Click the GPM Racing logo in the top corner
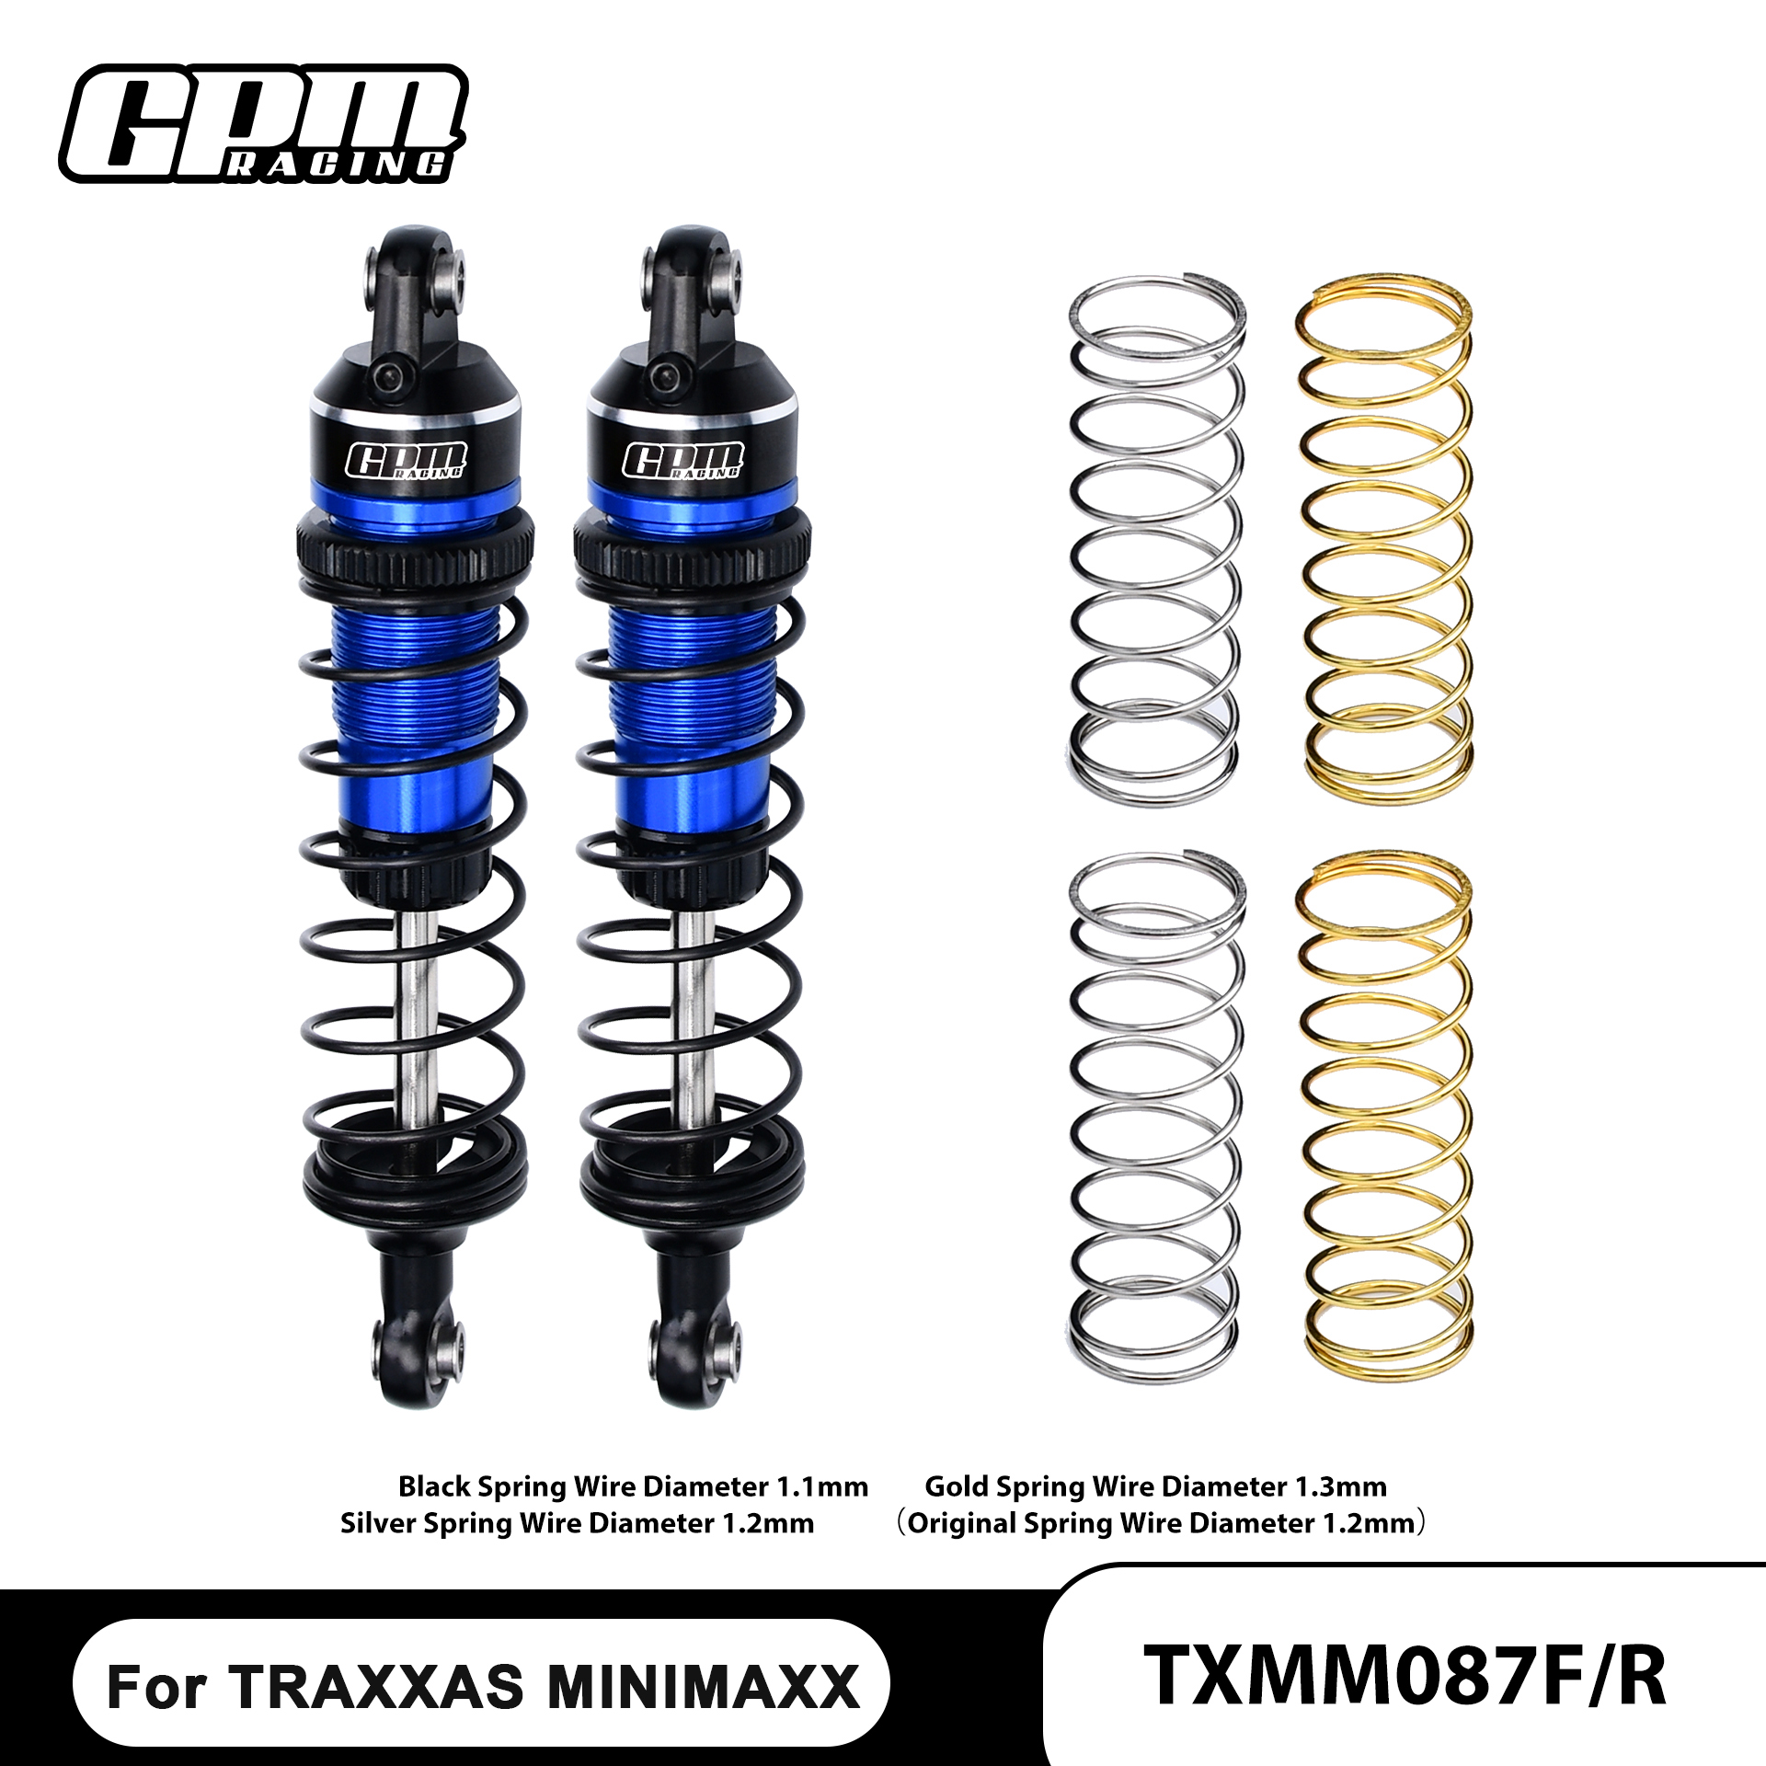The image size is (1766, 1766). [x=264, y=124]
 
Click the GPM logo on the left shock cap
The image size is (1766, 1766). [x=406, y=460]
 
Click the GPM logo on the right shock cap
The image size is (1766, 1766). [x=682, y=460]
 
